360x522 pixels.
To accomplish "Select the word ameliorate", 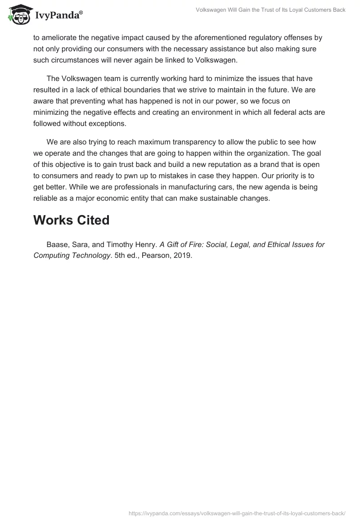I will tap(61, 38).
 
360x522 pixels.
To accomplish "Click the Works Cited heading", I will tap(72, 220).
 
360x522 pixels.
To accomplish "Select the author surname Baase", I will tap(57, 245).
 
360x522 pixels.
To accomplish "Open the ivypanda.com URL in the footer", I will tap(237, 513).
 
